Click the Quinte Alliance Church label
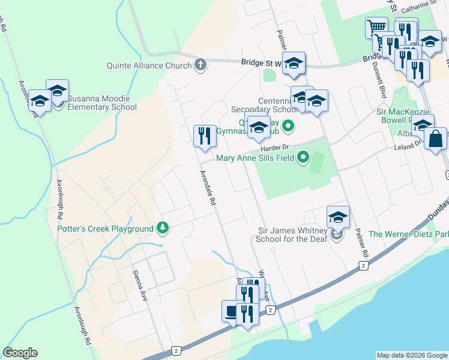[149, 65]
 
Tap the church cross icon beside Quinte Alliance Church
[200, 65]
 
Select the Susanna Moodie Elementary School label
[102, 103]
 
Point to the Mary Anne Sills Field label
[255, 158]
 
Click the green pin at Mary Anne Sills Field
[303, 158]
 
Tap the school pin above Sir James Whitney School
[338, 218]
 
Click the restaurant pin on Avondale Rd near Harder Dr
[205, 136]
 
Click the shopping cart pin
[376, 28]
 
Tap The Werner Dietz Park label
[408, 234]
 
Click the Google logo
[20, 352]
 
